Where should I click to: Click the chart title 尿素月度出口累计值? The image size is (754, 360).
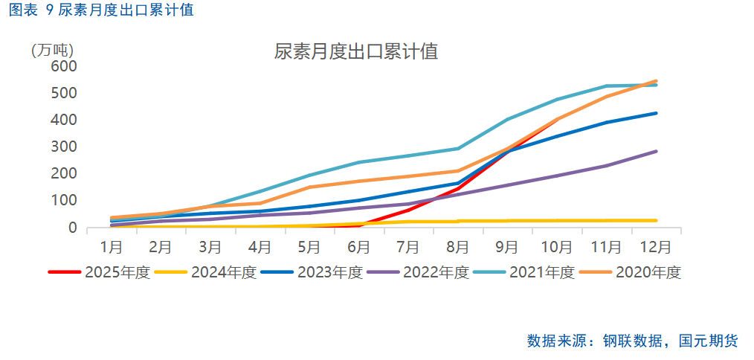click(x=355, y=52)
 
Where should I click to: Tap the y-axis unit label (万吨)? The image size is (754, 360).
click(x=52, y=51)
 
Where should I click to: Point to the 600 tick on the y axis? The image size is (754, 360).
click(x=65, y=66)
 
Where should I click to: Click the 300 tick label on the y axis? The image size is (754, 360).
click(x=65, y=147)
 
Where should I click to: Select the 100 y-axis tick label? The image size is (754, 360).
click(x=65, y=200)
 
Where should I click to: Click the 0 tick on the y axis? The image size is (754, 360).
click(x=73, y=228)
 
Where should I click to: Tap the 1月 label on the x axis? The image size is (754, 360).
click(x=112, y=245)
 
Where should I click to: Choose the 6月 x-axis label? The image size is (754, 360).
click(x=358, y=245)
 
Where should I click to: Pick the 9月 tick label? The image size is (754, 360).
click(x=507, y=245)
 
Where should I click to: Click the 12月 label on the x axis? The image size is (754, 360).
click(x=655, y=245)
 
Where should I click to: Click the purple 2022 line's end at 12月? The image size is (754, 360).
click(x=656, y=152)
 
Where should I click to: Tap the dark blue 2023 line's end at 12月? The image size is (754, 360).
click(x=656, y=113)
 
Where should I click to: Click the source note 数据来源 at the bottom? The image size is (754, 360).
click(x=632, y=341)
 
